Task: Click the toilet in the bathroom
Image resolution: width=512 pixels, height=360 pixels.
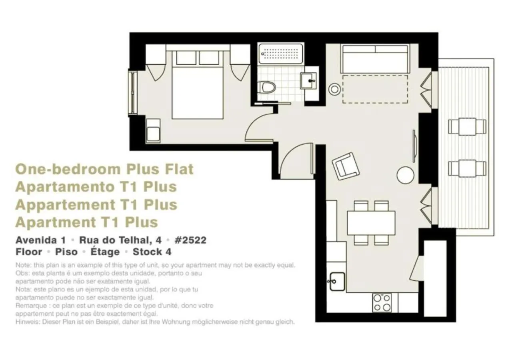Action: tap(267, 87)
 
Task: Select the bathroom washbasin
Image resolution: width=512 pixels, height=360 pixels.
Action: tap(308, 80)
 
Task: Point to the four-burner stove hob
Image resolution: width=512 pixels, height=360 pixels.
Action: tap(382, 303)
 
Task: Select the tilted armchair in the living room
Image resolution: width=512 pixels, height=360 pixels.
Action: tap(346, 166)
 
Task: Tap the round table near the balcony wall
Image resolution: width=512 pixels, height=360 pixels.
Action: tap(405, 175)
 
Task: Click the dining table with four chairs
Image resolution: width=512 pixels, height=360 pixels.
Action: tap(371, 223)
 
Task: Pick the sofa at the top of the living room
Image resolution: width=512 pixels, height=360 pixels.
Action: tap(375, 59)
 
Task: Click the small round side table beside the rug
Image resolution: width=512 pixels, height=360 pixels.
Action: tap(334, 89)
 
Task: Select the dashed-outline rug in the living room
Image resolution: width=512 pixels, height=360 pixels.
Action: tap(375, 90)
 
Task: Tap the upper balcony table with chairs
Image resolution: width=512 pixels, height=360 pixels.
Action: tap(467, 127)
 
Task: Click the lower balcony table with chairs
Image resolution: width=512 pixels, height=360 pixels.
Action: tap(467, 168)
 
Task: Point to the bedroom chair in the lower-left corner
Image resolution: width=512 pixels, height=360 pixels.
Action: tap(153, 130)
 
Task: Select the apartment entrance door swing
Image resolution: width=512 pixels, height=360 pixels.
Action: tap(296, 160)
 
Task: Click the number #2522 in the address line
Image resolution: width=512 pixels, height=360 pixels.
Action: tap(191, 240)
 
